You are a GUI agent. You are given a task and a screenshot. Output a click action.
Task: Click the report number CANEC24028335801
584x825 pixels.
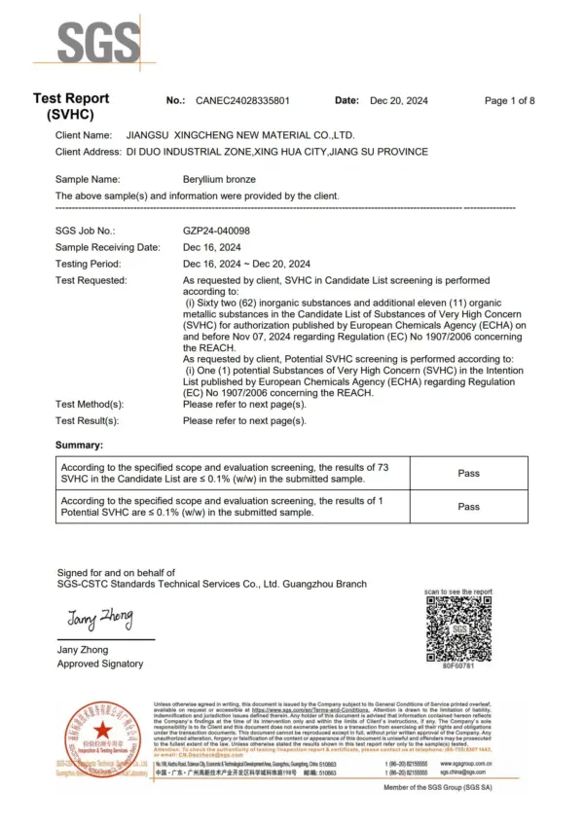(243, 101)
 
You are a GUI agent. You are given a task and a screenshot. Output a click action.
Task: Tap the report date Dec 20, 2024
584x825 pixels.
(399, 101)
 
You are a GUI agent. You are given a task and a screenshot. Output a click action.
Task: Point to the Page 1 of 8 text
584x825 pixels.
(509, 101)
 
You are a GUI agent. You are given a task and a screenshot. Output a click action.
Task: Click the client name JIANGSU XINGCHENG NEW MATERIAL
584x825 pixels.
(241, 135)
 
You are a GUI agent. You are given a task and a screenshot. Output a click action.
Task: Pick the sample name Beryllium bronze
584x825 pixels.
(224, 179)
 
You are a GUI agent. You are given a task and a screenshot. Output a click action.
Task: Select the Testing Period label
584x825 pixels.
(89, 264)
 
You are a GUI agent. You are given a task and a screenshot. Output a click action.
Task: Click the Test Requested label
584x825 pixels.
(91, 280)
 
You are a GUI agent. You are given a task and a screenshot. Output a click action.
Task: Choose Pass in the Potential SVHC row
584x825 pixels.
(468, 506)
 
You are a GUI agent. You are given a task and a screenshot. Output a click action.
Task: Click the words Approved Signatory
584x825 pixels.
(99, 664)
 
